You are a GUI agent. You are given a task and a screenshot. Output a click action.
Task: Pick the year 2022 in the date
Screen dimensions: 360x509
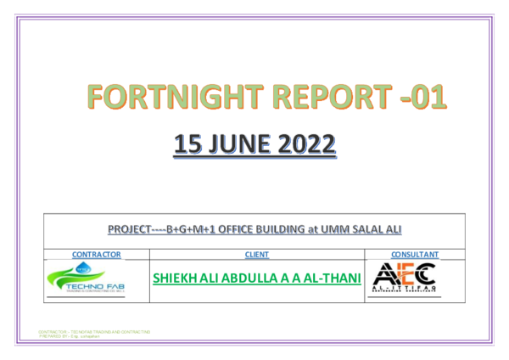tap(304, 145)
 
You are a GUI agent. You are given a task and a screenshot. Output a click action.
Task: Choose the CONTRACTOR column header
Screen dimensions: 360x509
tap(98, 254)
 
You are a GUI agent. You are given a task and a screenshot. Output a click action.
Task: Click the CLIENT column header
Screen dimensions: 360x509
tap(256, 254)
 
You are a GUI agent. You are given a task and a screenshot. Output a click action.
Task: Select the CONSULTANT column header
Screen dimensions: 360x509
tap(414, 254)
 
